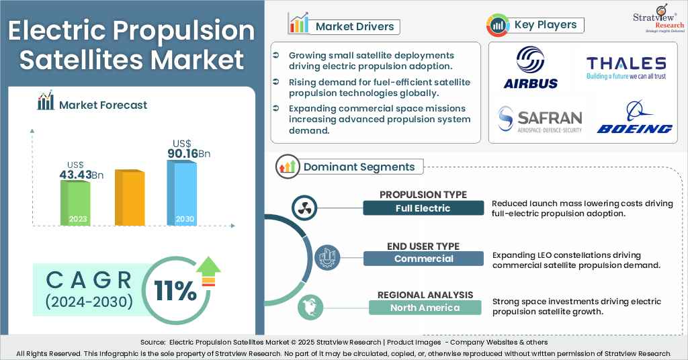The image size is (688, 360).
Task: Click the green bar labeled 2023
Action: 75,203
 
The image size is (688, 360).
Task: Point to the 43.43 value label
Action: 80,175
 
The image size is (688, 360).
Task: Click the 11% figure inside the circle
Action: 175,290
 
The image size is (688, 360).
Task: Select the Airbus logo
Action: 531,68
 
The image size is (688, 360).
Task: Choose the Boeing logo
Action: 634,119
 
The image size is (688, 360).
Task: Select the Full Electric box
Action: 423,208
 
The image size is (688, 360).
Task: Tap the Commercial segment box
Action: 423,259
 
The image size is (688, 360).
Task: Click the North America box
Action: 425,308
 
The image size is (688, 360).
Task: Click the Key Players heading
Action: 545,25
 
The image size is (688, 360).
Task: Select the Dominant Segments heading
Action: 359,167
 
